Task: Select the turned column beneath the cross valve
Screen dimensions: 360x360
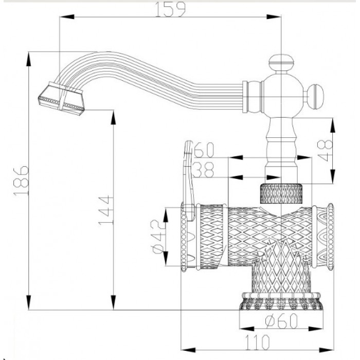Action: (280, 144)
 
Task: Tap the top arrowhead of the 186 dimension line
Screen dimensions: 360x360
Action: (28, 55)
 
